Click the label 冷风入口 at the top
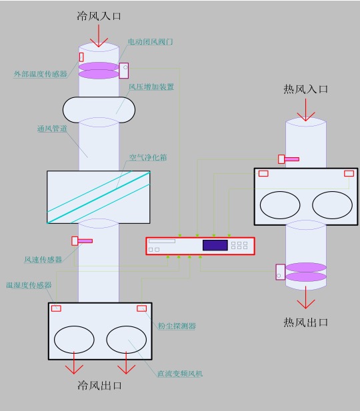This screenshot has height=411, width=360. click(x=99, y=17)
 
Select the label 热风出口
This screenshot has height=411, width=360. click(x=305, y=322)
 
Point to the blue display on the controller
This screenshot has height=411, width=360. click(x=215, y=245)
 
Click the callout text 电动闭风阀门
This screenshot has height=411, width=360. click(x=151, y=42)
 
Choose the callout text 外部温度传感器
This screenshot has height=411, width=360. click(x=40, y=74)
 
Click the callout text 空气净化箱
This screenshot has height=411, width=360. click(x=147, y=159)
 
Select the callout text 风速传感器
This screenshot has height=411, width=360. click(x=43, y=259)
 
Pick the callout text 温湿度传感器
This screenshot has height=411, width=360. click(x=29, y=284)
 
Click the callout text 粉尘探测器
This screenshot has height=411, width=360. click(x=177, y=326)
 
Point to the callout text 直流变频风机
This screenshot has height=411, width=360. click(x=179, y=374)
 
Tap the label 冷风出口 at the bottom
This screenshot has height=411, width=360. click(x=99, y=385)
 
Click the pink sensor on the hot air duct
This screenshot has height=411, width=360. click(x=289, y=159)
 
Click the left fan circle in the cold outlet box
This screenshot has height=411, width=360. click(x=74, y=339)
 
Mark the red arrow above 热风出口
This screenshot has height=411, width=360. click(x=306, y=300)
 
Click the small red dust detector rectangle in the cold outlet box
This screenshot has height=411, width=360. click(x=141, y=308)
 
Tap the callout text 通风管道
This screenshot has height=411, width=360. click(x=52, y=129)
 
